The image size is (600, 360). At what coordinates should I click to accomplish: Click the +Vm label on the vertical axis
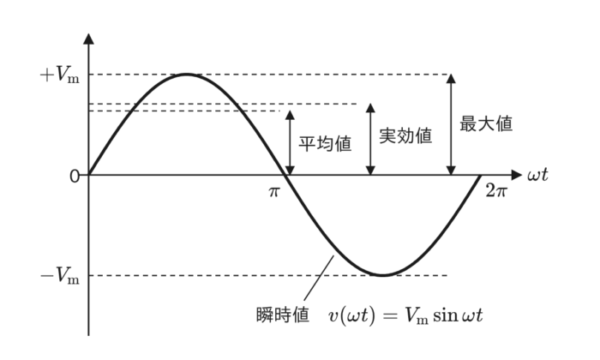(x=60, y=75)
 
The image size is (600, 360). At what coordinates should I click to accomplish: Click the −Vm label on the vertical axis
(x=60, y=275)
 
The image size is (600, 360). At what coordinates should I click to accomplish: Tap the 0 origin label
(x=75, y=177)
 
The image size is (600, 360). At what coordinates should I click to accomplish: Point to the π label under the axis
(x=274, y=191)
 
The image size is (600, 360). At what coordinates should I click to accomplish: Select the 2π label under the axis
(x=496, y=190)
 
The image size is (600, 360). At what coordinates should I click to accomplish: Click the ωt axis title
(x=537, y=175)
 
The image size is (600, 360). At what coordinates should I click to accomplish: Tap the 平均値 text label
(x=325, y=144)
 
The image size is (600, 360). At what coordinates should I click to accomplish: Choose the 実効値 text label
(x=405, y=135)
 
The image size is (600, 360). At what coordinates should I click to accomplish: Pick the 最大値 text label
(x=486, y=123)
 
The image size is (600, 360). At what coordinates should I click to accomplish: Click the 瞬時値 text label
(x=282, y=315)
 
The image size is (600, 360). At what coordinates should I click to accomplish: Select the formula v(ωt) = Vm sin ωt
(x=405, y=316)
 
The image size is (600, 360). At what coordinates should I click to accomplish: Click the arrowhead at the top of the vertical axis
(x=88, y=39)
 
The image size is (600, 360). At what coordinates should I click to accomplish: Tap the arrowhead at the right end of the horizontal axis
(x=516, y=175)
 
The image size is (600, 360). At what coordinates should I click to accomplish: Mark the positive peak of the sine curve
(x=187, y=75)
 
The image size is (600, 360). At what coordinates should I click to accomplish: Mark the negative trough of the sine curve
(x=382, y=275)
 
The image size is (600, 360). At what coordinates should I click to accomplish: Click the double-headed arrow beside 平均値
(x=290, y=142)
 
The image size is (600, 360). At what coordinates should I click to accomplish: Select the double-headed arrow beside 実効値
(x=370, y=139)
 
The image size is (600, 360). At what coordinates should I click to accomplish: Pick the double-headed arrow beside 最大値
(x=451, y=125)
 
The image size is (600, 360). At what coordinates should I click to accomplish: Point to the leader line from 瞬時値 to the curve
(x=319, y=278)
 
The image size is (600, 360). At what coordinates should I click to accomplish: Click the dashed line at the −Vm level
(x=267, y=275)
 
